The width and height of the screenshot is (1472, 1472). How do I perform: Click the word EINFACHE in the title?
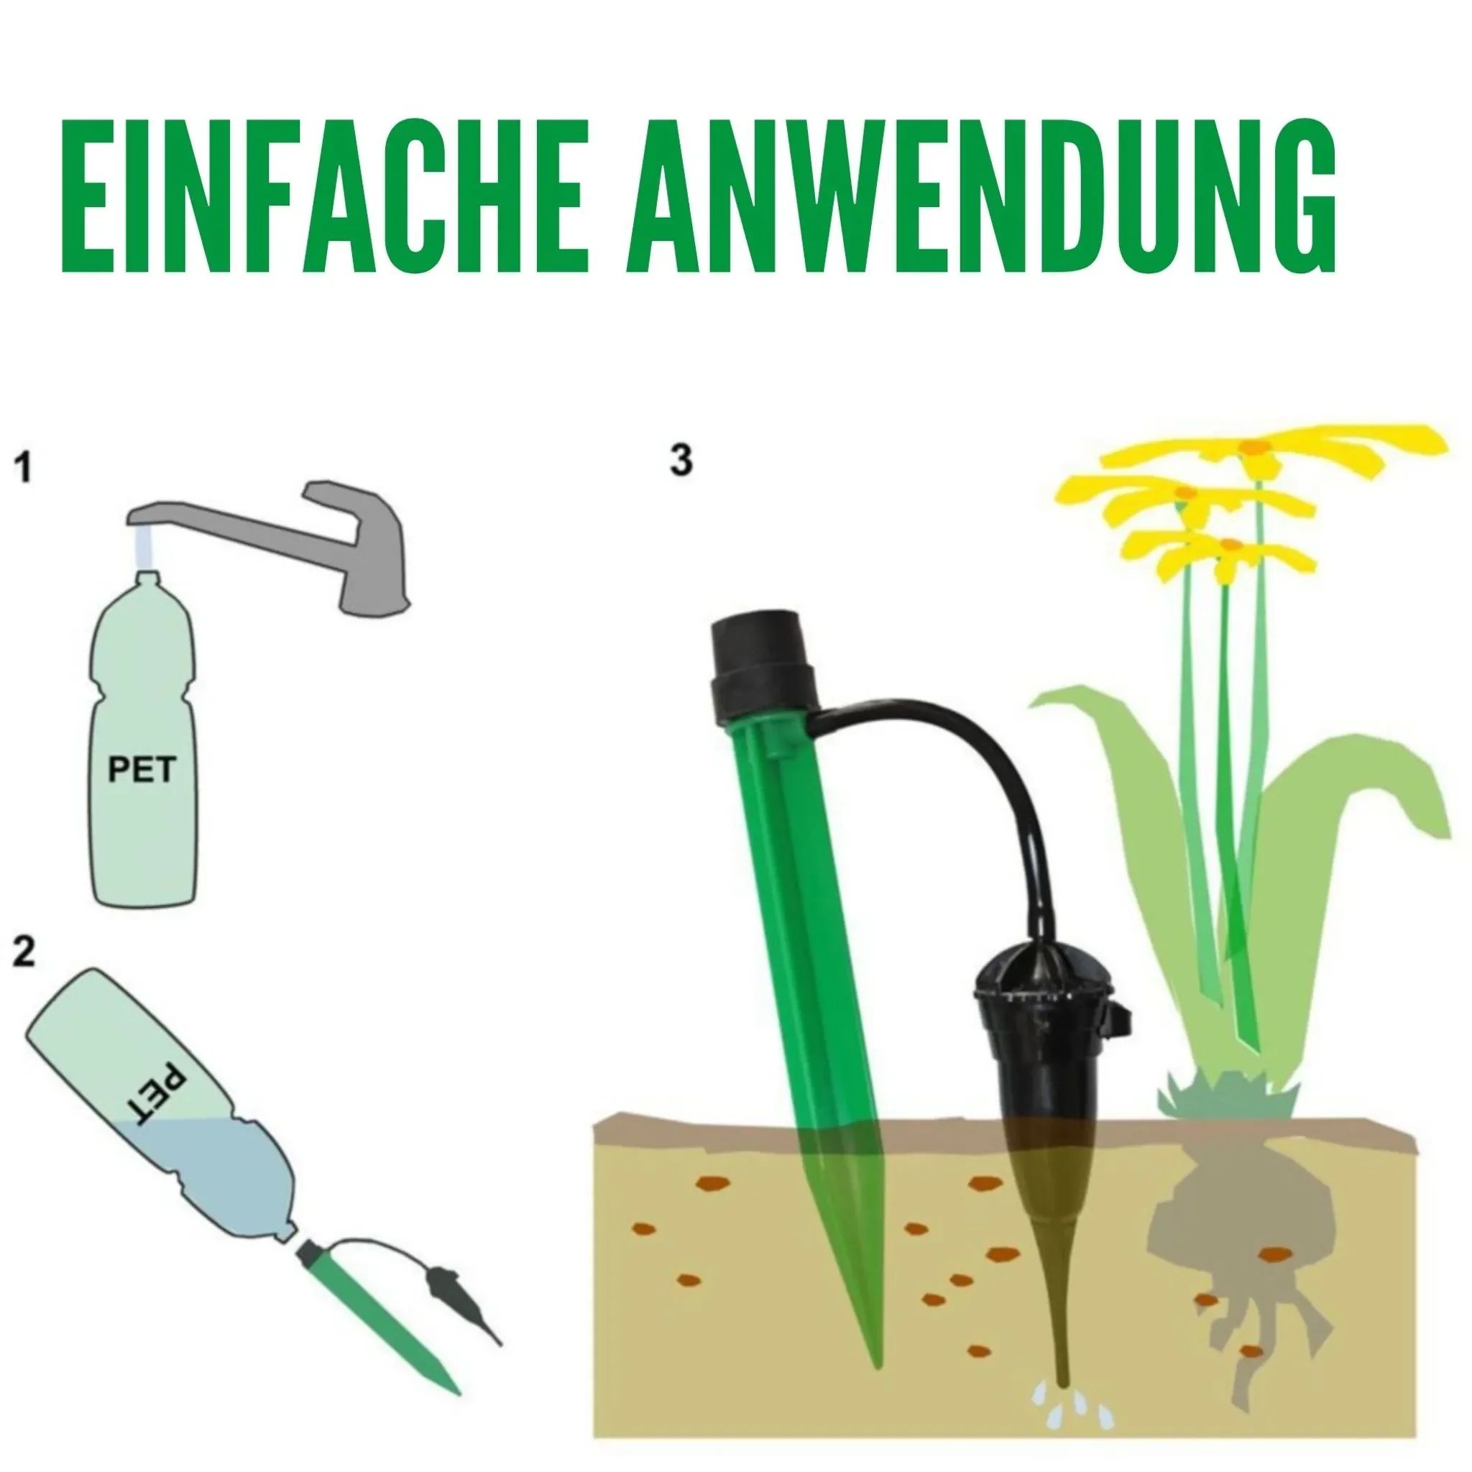pos(324,196)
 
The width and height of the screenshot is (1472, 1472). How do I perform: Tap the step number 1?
pos(24,467)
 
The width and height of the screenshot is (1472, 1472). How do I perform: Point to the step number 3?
pos(681,461)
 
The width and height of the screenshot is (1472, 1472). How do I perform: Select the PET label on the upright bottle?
pos(142,770)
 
